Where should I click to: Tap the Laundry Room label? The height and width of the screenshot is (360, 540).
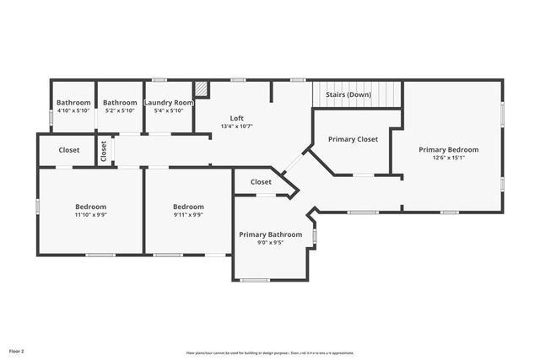(169, 103)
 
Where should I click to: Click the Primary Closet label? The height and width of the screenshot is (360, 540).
(353, 139)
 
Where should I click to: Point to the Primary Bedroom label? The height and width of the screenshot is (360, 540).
(448, 149)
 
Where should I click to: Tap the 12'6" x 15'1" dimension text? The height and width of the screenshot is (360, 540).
(448, 157)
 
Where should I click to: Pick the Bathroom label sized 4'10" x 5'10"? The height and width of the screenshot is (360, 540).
(73, 103)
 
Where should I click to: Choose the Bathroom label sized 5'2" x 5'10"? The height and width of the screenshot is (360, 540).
(120, 103)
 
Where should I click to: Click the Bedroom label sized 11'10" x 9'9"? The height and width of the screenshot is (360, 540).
(90, 207)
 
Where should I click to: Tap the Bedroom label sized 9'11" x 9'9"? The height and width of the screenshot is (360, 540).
(188, 207)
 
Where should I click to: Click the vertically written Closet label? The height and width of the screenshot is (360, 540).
(104, 151)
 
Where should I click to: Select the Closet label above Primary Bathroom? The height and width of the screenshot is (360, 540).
(261, 181)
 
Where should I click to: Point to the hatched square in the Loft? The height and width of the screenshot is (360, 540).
(201, 89)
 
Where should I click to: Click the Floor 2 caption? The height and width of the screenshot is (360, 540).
(17, 350)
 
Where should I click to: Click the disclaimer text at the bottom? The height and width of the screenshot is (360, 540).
(270, 353)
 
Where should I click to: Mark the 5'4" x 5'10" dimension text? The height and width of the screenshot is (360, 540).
(169, 110)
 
